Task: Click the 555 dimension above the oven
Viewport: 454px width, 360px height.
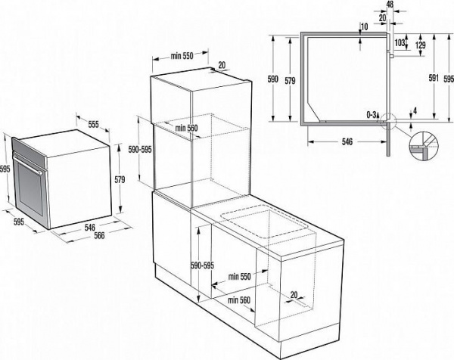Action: tap(93, 123)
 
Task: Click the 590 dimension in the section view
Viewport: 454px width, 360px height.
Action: tap(275, 79)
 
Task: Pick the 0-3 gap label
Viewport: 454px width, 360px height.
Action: tap(371, 114)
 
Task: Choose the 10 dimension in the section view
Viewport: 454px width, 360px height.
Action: tap(364, 27)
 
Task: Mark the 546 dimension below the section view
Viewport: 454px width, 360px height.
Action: tap(346, 141)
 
